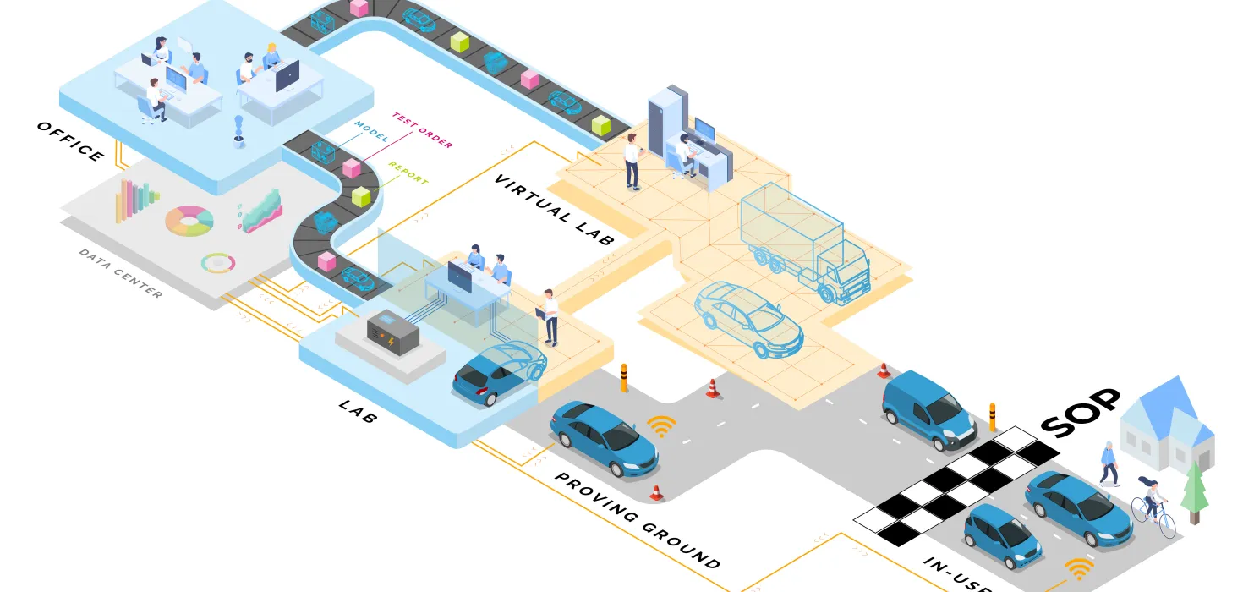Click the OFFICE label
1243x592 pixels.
[70, 142]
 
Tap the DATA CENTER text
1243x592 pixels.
[120, 272]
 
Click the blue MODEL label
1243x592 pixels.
[371, 136]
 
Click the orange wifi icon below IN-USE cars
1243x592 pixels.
[1078, 570]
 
